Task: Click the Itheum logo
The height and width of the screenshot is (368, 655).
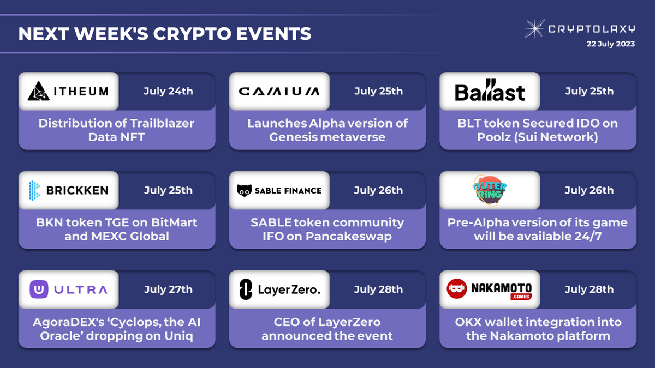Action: tap(68, 92)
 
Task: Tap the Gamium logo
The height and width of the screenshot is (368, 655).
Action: tap(279, 92)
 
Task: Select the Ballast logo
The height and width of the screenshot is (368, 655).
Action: tap(490, 92)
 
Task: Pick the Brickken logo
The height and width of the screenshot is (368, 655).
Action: tap(68, 190)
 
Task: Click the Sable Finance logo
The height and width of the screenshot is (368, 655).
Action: tap(279, 190)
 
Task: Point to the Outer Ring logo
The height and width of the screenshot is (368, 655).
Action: tap(490, 190)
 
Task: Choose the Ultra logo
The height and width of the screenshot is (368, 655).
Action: tap(68, 289)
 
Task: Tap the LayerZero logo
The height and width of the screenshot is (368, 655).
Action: tap(279, 289)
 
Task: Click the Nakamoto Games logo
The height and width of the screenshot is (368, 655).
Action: tap(490, 289)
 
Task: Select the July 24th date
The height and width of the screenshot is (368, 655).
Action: tap(168, 91)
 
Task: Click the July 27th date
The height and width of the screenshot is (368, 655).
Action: tap(168, 289)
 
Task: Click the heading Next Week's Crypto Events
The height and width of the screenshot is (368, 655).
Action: tap(165, 33)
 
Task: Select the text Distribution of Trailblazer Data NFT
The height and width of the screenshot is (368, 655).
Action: tap(116, 130)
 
